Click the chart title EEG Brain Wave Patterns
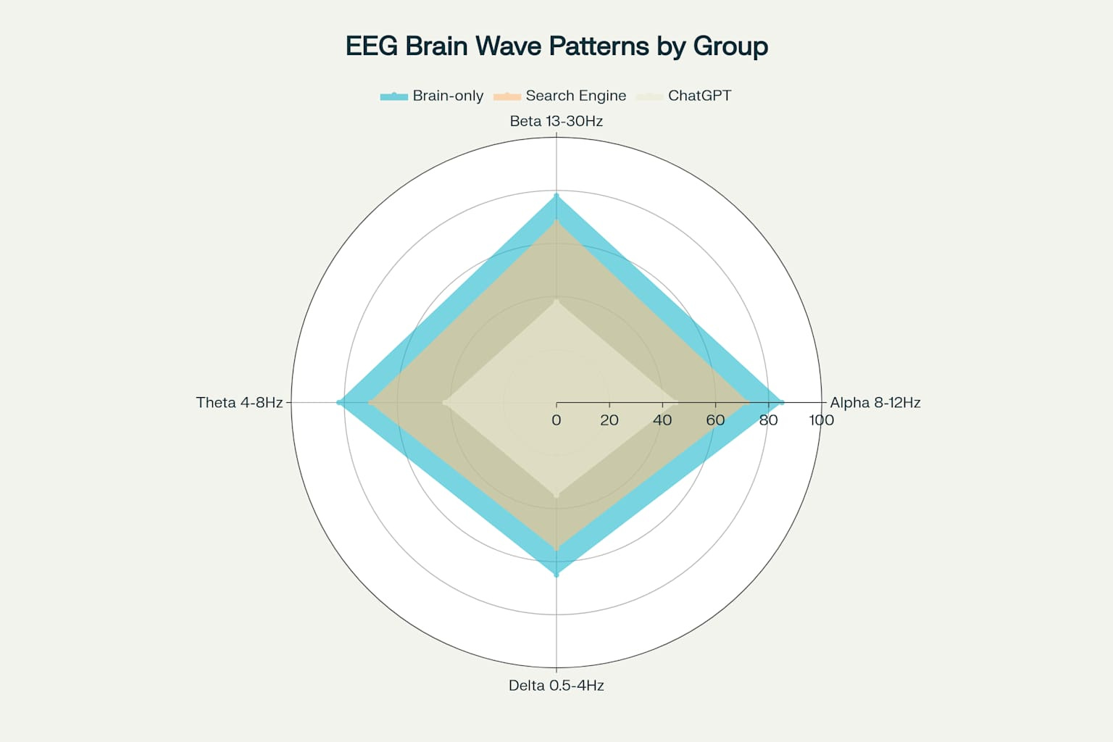556,46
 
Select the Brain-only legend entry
432,96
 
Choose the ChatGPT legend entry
685,96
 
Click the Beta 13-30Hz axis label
556,121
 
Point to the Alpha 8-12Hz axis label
875,402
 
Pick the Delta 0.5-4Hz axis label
556,685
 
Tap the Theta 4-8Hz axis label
239,402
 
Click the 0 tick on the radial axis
556,420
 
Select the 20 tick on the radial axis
609,420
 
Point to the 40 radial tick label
662,420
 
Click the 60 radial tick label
715,420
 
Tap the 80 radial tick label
768,420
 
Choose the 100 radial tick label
821,420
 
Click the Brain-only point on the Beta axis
556,196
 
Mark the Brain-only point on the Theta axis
339,402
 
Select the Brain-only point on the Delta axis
556,575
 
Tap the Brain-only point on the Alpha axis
781,402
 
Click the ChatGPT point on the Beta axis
556,301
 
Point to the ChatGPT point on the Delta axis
556,495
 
